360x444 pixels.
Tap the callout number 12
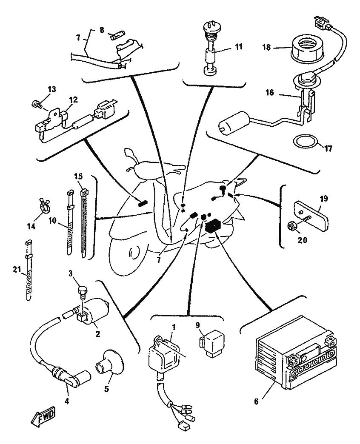[x=74, y=100]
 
